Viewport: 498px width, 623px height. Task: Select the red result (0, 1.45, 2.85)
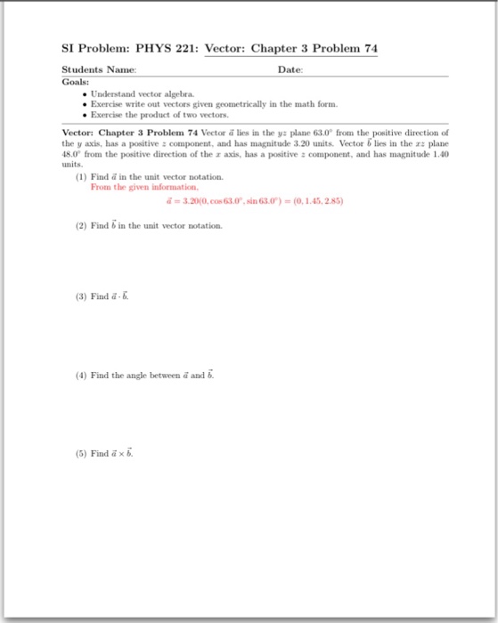point(312,201)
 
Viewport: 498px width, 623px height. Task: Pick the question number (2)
point(82,226)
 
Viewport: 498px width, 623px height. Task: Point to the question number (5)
point(82,452)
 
